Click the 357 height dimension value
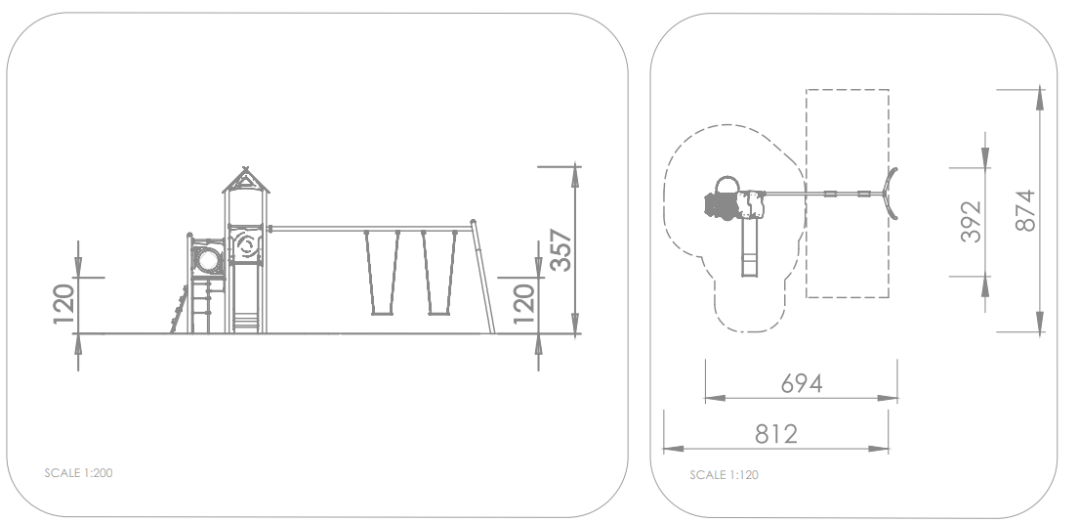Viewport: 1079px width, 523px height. (x=561, y=250)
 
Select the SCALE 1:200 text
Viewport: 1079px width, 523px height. (x=78, y=473)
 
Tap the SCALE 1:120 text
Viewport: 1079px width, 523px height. (x=724, y=475)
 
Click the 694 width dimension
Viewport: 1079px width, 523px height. (x=802, y=383)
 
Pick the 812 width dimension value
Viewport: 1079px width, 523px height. (x=776, y=434)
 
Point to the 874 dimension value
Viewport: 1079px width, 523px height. (x=1025, y=211)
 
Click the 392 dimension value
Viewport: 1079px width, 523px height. (x=971, y=222)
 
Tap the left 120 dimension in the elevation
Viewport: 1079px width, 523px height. (x=64, y=304)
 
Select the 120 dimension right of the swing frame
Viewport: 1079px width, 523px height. (x=524, y=304)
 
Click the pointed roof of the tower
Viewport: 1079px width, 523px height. (x=246, y=180)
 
